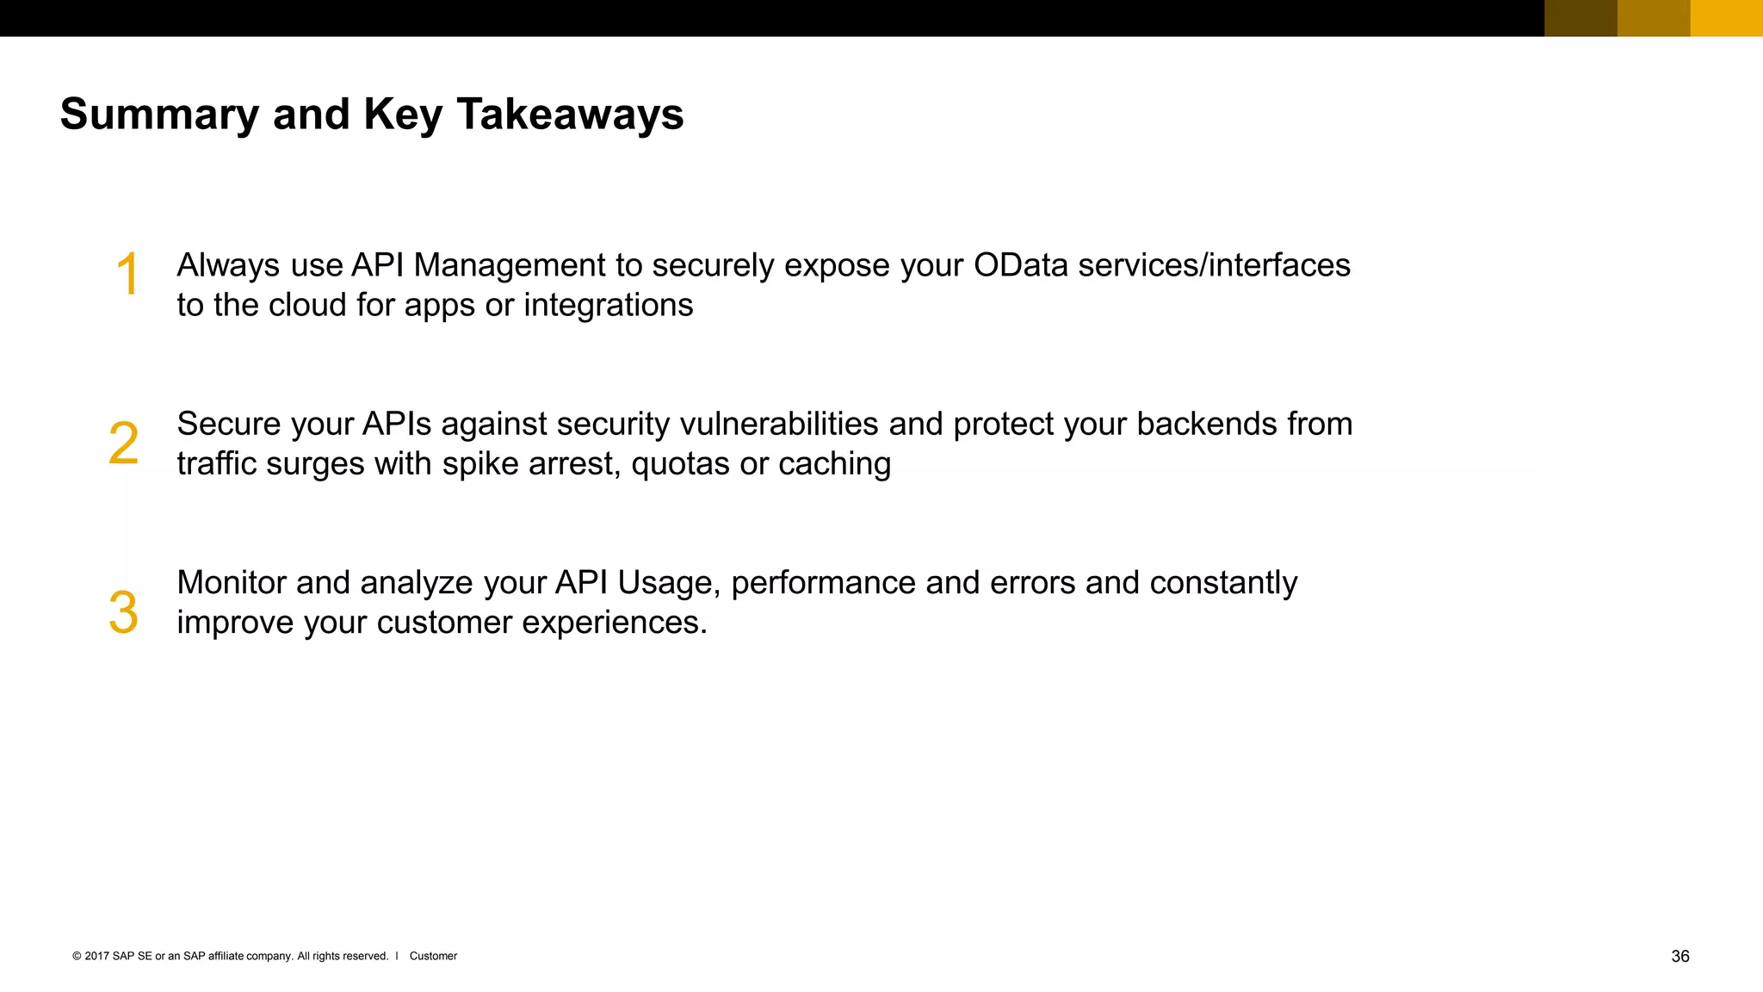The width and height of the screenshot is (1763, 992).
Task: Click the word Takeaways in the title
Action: pos(570,115)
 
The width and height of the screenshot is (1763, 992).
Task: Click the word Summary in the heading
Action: pos(158,115)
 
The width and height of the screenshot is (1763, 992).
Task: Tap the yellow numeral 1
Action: pos(127,275)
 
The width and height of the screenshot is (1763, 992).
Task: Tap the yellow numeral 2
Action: pos(123,444)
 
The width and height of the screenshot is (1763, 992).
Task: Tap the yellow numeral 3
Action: pos(123,613)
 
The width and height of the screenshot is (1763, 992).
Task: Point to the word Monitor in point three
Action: pos(232,583)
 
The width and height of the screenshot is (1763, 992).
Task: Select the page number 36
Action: pos(1679,957)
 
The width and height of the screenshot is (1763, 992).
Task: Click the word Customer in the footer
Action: pos(433,957)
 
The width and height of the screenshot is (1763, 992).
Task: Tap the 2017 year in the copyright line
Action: pos(96,957)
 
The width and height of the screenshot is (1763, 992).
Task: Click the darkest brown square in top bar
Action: pos(1581,18)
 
